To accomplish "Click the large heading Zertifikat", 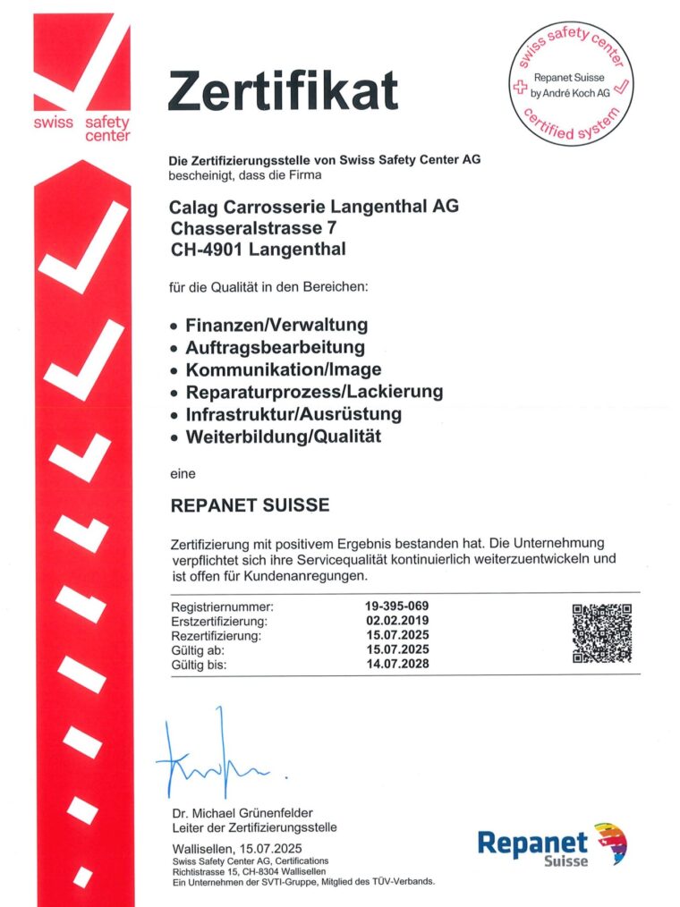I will click(283, 92).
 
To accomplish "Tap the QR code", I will click(601, 633).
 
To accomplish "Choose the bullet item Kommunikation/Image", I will click(283, 369).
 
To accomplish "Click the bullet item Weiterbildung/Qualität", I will click(283, 437).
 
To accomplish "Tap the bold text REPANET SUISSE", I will click(250, 505).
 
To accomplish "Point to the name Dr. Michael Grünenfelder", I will click(242, 813).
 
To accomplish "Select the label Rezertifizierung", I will click(215, 636).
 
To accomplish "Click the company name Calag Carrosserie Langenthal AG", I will click(314, 207).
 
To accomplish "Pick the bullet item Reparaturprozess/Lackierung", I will click(314, 392).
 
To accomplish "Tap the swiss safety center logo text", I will click(81, 129).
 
